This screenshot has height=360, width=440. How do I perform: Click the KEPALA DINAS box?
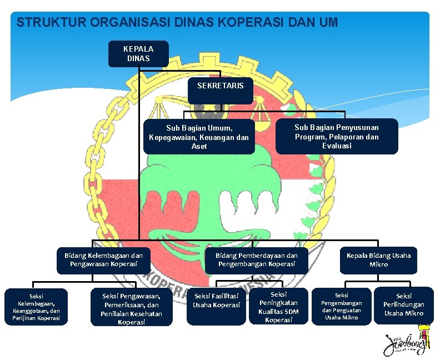[x=138, y=53]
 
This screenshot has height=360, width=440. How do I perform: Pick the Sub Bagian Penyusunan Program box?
[x=337, y=136]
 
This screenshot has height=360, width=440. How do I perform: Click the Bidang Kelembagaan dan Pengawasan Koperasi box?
[x=103, y=260]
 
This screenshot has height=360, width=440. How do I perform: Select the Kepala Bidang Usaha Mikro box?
[x=378, y=260]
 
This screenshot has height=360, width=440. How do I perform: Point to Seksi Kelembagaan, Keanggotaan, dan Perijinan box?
[x=36, y=307]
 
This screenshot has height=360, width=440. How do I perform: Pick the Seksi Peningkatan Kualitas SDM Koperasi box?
[x=278, y=307]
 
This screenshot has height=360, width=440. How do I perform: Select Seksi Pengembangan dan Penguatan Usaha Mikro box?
[x=342, y=306]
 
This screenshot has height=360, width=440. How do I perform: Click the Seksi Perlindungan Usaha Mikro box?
[x=403, y=305]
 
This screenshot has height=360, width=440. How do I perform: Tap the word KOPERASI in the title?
[x=252, y=23]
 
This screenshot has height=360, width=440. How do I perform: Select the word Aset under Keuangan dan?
[x=199, y=146]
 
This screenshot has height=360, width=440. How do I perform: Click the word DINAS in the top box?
[x=138, y=58]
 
